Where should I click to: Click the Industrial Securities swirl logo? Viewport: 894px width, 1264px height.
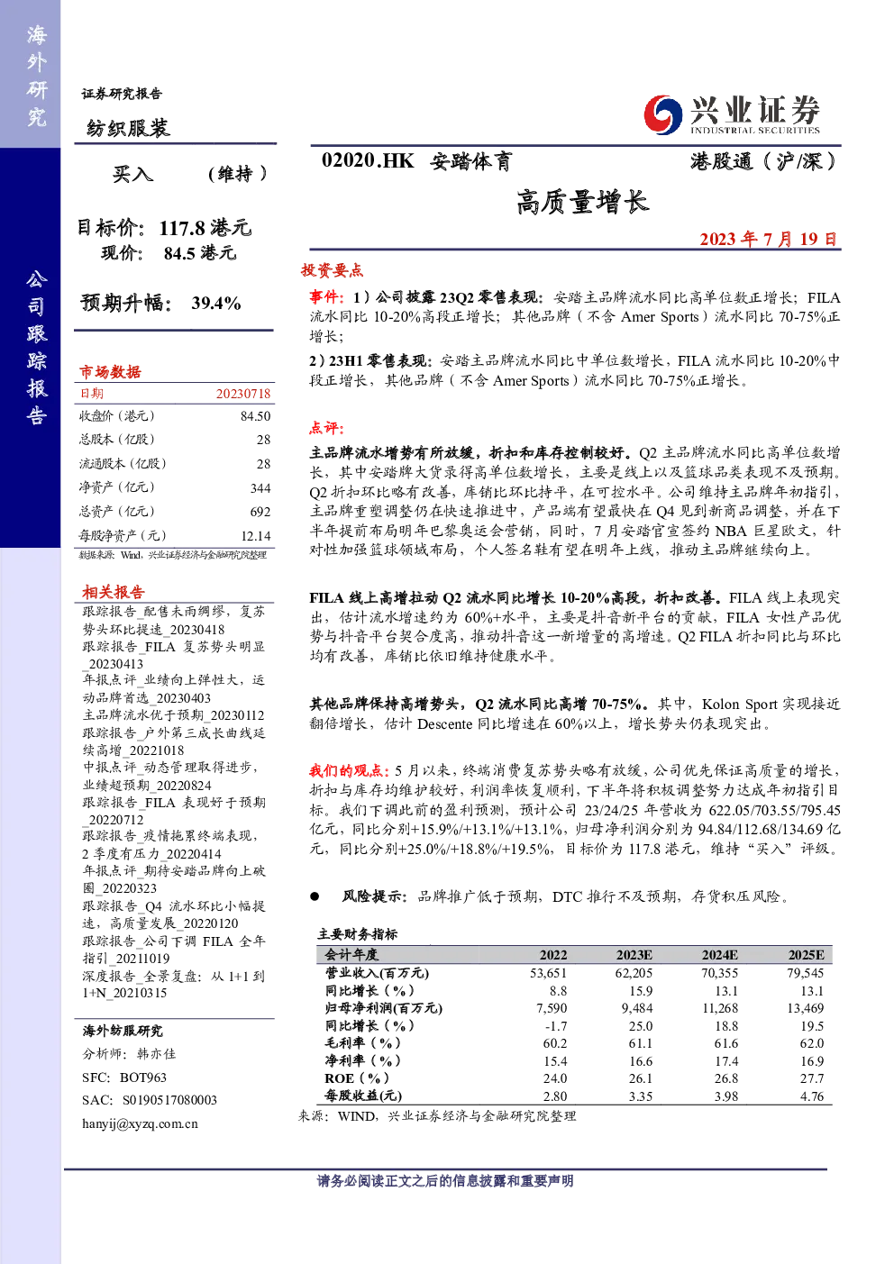[663, 114]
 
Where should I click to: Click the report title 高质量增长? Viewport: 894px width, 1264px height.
[582, 202]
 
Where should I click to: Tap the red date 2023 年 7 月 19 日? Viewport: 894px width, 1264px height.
[768, 239]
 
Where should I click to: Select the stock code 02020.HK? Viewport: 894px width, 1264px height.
[368, 161]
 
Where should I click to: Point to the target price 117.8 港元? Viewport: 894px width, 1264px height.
[205, 228]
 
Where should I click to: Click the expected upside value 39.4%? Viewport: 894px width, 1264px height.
[216, 303]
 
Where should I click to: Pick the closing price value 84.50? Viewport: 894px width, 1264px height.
[256, 416]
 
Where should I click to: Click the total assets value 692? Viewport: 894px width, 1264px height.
[260, 512]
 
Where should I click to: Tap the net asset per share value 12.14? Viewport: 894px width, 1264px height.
[256, 536]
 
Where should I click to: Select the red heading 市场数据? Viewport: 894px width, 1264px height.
[110, 371]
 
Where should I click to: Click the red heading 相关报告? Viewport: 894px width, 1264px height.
[113, 592]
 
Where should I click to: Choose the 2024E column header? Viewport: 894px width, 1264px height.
[719, 955]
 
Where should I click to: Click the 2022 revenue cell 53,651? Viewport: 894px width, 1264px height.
[548, 973]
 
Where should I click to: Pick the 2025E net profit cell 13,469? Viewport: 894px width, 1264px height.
[806, 1008]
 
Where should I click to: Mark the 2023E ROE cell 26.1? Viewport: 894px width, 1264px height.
[641, 1078]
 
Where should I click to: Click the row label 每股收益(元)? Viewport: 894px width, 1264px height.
[363, 1096]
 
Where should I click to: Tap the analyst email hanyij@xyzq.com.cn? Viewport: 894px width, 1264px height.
[140, 1123]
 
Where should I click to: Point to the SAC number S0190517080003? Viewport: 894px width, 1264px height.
[170, 1100]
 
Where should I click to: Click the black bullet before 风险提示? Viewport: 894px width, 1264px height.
[315, 896]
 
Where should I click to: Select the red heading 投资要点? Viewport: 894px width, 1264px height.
[332, 270]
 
